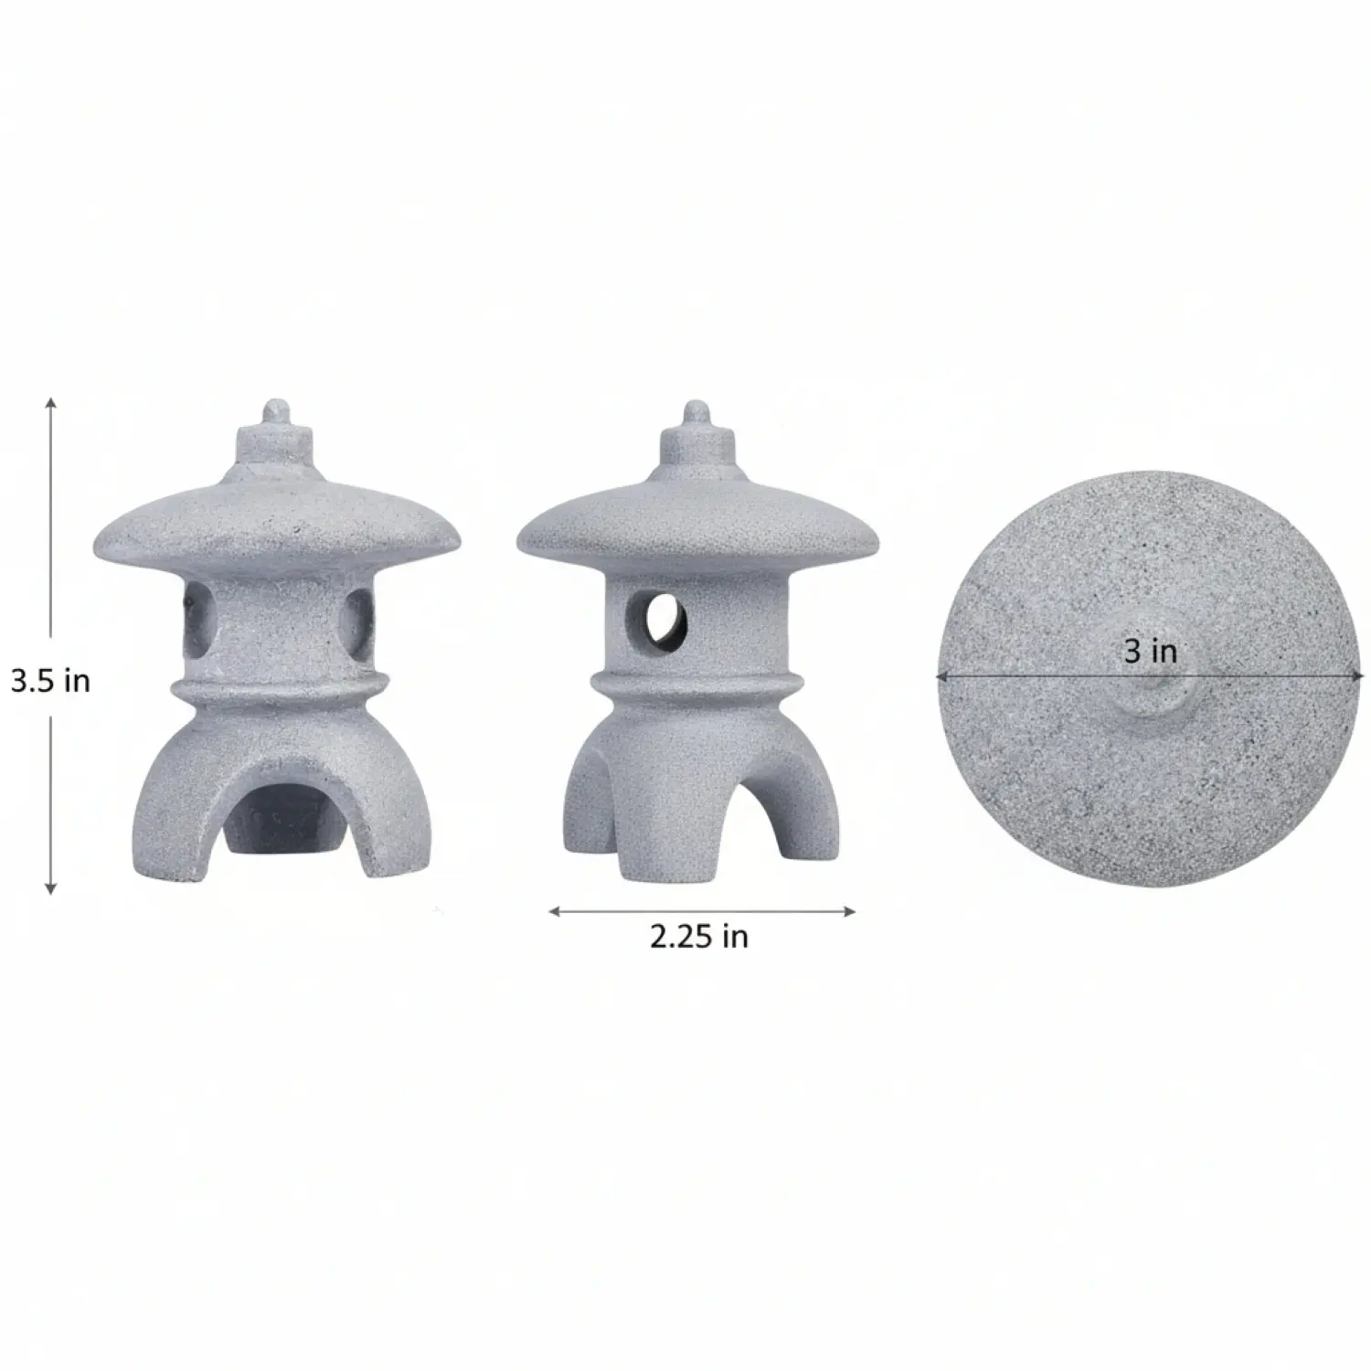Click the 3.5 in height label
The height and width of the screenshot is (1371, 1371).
[x=50, y=680]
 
